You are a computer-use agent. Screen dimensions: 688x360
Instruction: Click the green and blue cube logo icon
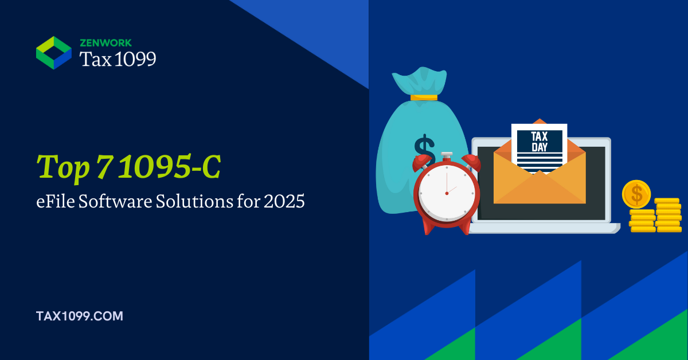[x=54, y=53]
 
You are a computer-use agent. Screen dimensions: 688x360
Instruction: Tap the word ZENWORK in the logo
[x=105, y=42]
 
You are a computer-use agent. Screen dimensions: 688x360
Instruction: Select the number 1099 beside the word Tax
[x=135, y=58]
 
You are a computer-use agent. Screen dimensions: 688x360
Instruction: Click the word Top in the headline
[x=63, y=169]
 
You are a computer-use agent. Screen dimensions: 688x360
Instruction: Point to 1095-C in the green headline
[x=170, y=166]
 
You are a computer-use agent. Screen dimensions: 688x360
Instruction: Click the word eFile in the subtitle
[x=55, y=201]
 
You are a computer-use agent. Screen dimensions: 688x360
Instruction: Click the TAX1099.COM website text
[x=80, y=316]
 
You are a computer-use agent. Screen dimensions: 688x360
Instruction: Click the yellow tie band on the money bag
[x=424, y=97]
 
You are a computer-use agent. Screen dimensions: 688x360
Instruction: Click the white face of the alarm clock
[x=447, y=193]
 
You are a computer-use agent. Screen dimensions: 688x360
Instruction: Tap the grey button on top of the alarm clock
[x=446, y=155]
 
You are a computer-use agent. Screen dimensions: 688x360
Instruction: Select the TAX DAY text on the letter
[x=540, y=142]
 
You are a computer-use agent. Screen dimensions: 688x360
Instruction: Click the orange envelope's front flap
[x=540, y=187]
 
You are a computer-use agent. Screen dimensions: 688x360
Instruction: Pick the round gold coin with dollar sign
[x=636, y=194]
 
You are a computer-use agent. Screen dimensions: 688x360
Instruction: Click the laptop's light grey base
[x=544, y=228]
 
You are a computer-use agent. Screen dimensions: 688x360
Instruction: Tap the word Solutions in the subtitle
[x=194, y=201]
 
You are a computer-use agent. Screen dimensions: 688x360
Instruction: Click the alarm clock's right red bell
[x=471, y=162]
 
